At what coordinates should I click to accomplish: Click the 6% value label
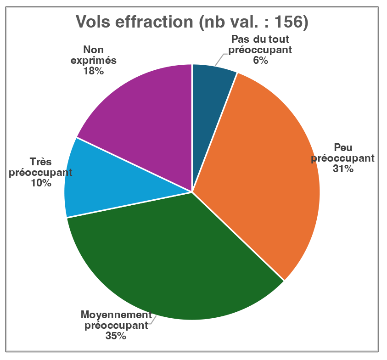tap(260, 60)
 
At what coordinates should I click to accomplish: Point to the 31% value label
tap(343, 169)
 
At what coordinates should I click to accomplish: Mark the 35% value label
tap(116, 336)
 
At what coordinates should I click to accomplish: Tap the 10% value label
tap(41, 183)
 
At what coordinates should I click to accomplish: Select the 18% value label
tap(94, 71)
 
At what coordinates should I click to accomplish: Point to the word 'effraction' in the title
tap(159, 22)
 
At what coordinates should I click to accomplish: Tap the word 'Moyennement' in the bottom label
tap(116, 315)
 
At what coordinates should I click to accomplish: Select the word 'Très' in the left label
tap(41, 162)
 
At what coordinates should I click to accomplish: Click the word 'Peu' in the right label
tap(343, 148)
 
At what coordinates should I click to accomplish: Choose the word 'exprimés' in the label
tap(94, 61)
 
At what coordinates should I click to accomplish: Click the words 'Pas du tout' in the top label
tap(260, 39)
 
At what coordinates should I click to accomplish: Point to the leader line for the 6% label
tap(220, 59)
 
